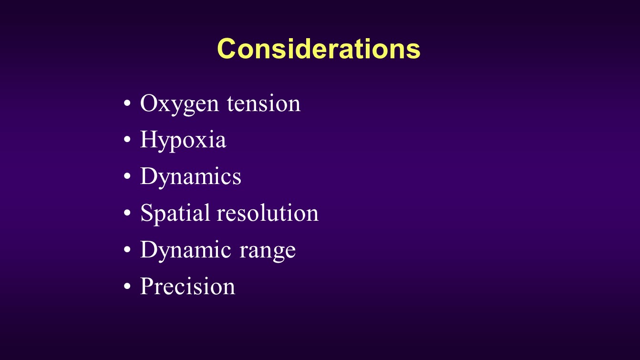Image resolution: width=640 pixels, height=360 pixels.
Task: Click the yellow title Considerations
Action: [319, 49]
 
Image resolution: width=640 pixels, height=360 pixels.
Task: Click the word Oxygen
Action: [179, 104]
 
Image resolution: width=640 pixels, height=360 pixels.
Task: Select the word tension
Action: [264, 103]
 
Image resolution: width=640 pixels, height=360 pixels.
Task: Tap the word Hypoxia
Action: [183, 141]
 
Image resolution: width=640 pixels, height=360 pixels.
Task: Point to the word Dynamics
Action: [191, 177]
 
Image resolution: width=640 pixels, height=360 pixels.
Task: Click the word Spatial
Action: [175, 214]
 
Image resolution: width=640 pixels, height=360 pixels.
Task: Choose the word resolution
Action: [268, 213]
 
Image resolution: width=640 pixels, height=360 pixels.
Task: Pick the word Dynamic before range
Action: [186, 250]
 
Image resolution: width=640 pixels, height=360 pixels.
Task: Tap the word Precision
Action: [187, 286]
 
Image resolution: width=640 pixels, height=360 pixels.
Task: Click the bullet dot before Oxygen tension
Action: [127, 103]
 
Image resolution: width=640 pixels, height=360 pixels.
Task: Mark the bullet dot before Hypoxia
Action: [127, 139]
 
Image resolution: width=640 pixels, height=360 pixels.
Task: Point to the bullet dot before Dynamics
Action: [127, 176]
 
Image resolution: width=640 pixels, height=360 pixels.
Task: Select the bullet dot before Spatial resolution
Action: [127, 213]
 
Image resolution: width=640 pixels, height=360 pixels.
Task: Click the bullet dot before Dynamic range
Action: [127, 249]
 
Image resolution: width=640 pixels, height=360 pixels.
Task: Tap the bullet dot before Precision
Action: [127, 286]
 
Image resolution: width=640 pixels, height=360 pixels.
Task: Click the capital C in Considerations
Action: [226, 49]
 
